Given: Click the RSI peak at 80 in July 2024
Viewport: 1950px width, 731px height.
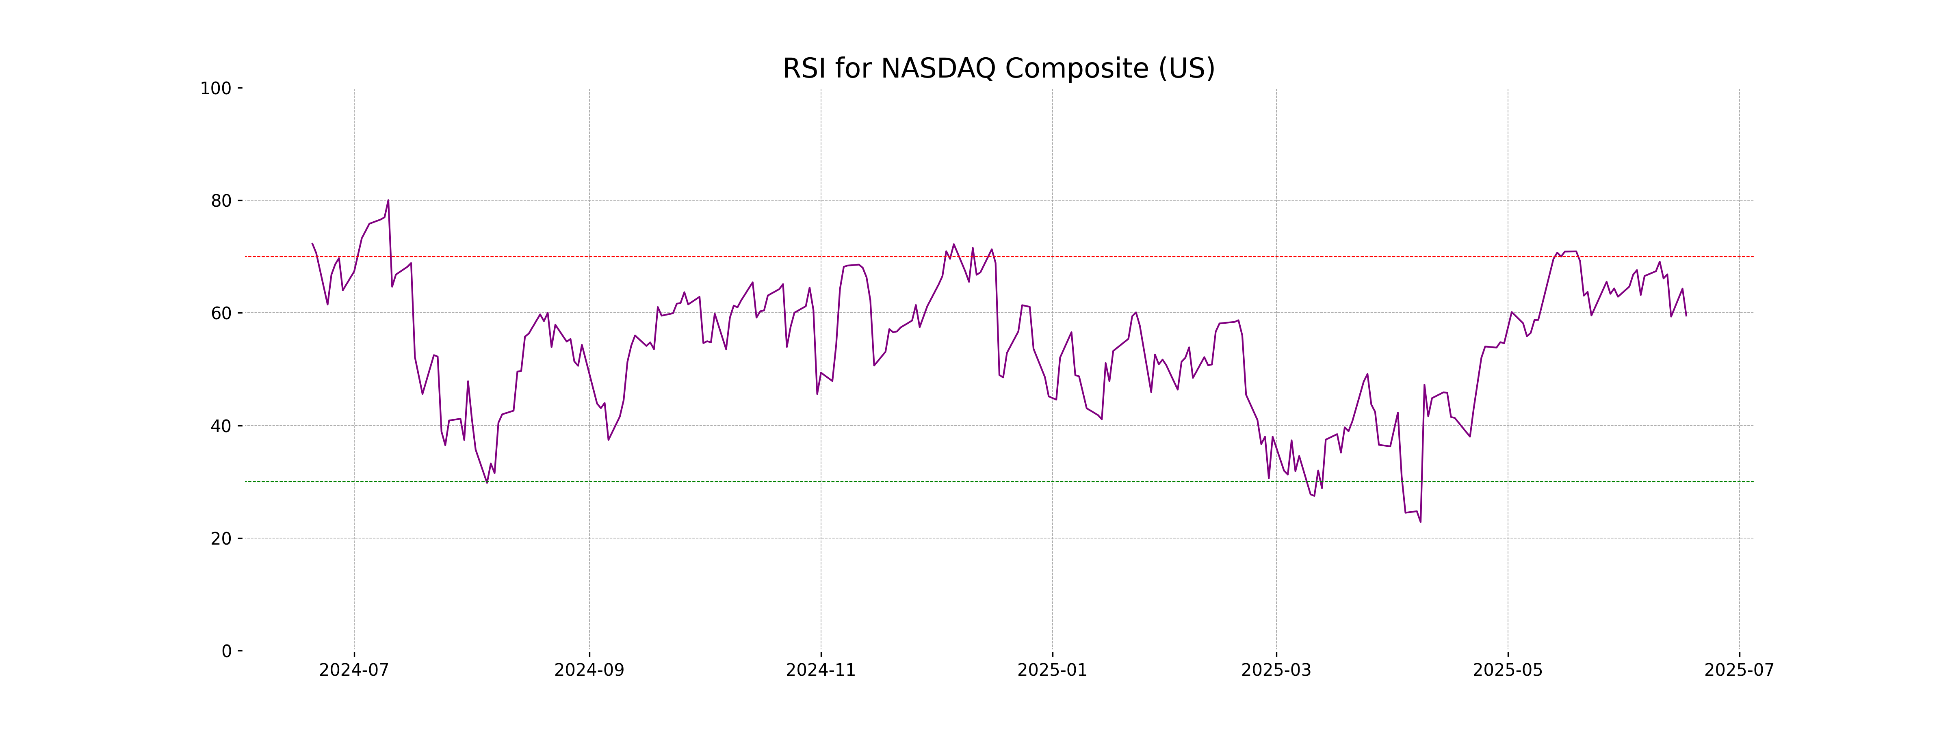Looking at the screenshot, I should pos(388,201).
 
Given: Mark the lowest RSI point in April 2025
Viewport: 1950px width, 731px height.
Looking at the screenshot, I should pos(1420,521).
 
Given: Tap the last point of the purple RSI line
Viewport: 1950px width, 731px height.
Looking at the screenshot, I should pos(1686,316).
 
